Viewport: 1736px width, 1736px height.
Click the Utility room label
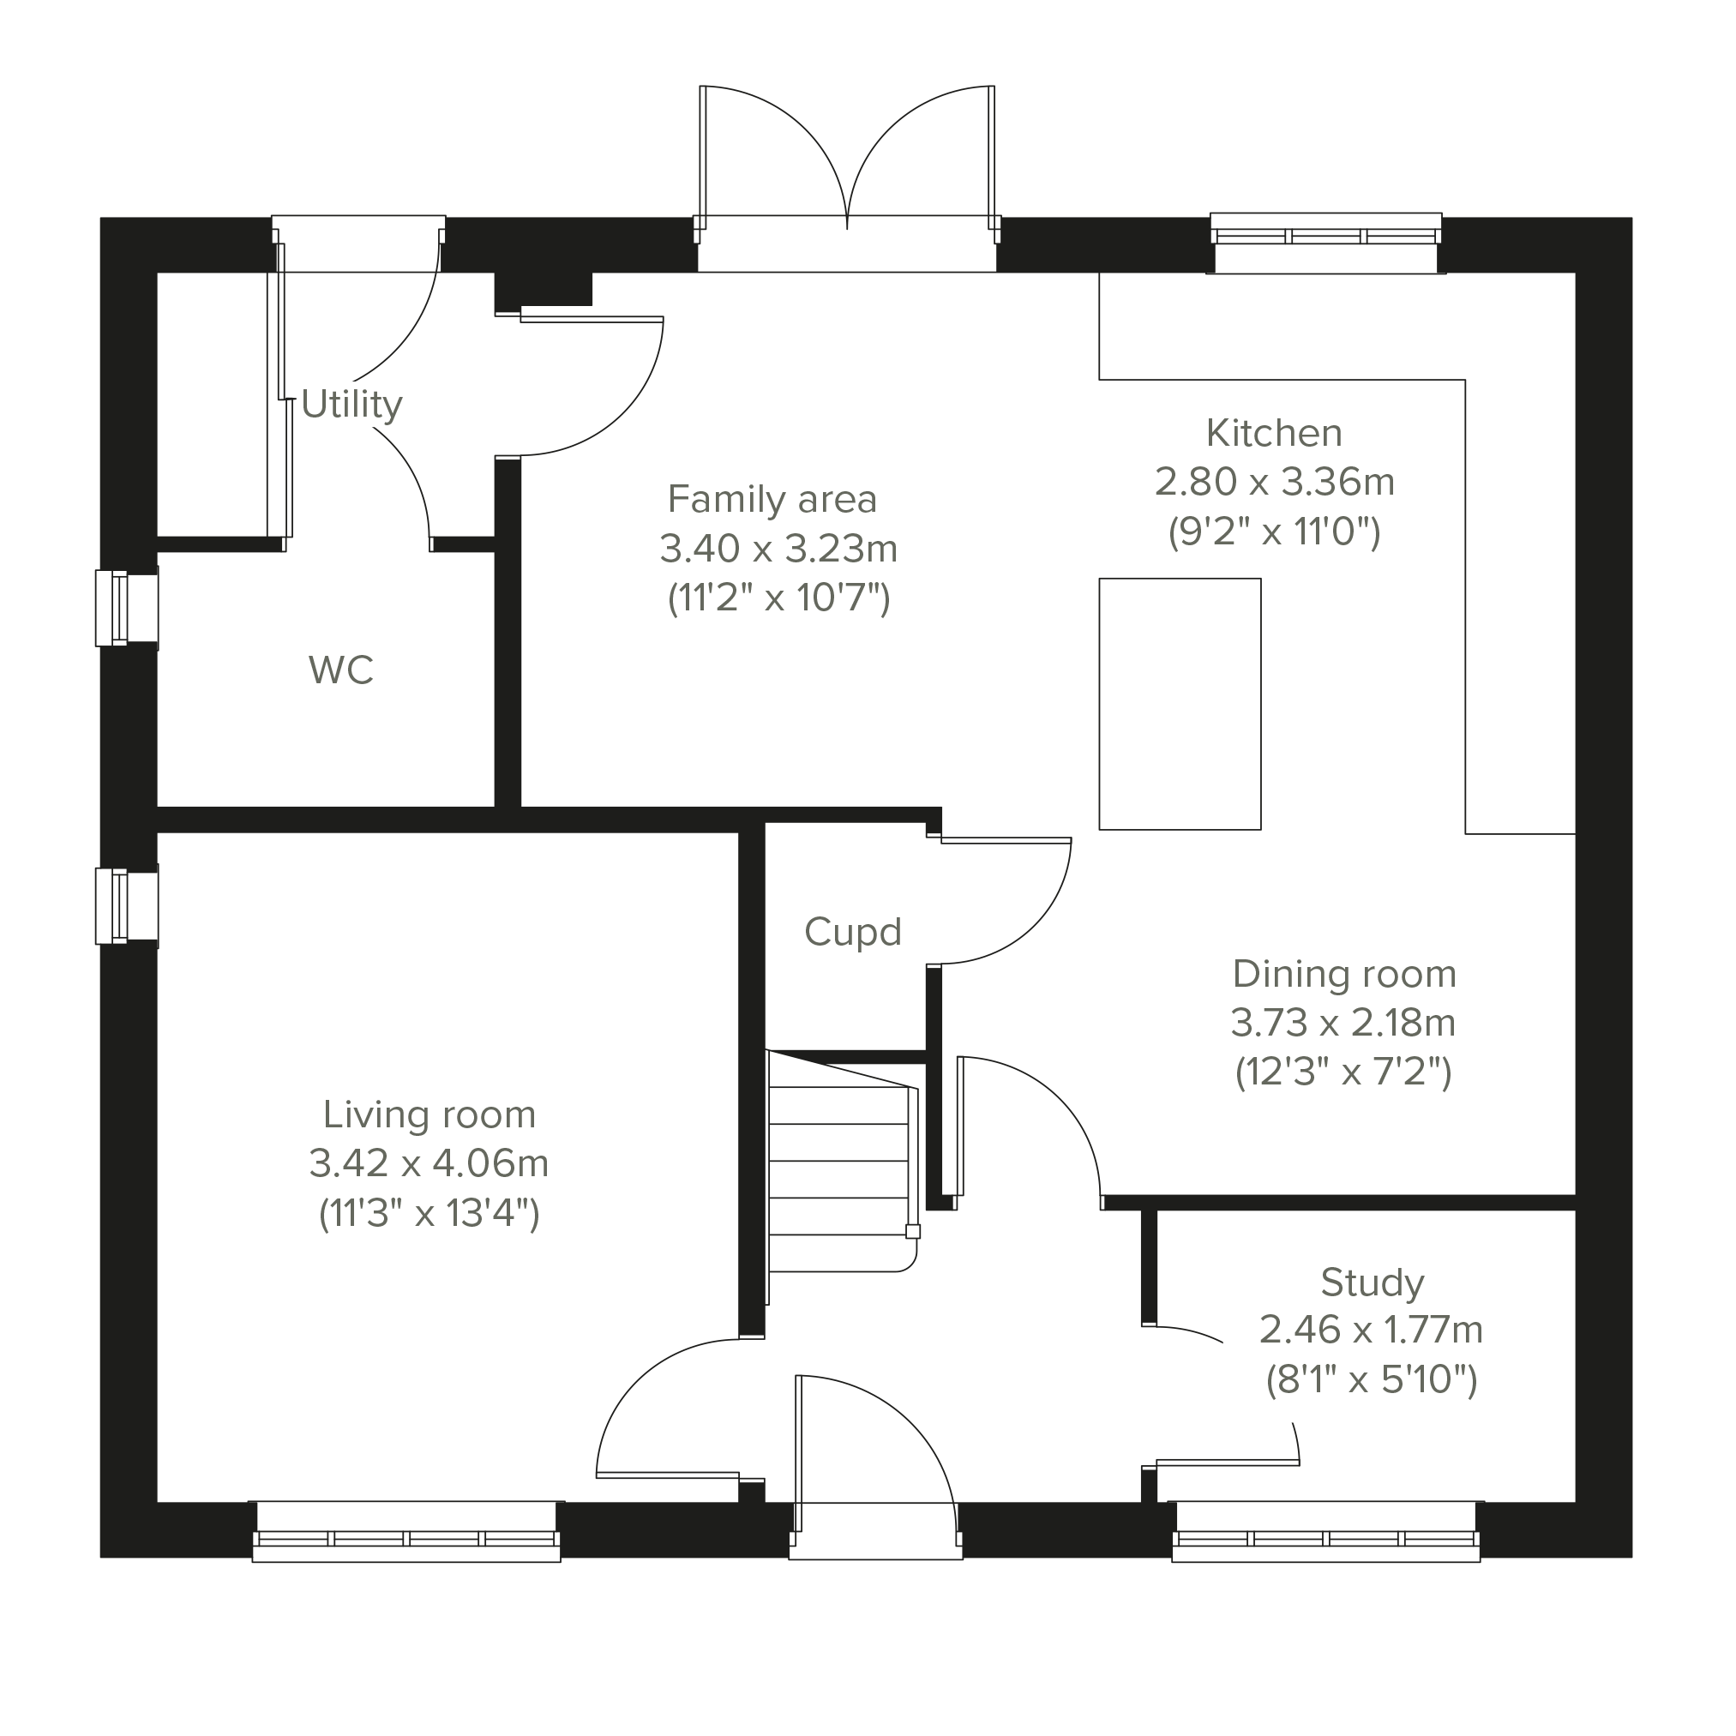click(351, 406)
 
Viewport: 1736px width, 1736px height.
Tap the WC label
click(340, 670)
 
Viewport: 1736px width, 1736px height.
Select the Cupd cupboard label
click(853, 933)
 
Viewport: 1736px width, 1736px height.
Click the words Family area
click(772, 500)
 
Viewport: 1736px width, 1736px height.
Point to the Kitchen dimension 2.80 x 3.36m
click(1274, 483)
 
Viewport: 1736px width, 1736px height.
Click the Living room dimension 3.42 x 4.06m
click(429, 1163)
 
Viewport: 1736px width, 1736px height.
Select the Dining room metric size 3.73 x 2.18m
click(1343, 1023)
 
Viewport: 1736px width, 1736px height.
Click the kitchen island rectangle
click(1180, 704)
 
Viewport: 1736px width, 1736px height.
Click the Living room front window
click(406, 1532)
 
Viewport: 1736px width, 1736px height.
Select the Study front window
click(1326, 1532)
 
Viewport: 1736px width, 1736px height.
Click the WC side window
click(128, 608)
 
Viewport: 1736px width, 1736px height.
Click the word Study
click(1373, 1283)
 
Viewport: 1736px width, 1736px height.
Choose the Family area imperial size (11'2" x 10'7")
click(778, 598)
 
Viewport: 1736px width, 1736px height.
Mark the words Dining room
click(1343, 974)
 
